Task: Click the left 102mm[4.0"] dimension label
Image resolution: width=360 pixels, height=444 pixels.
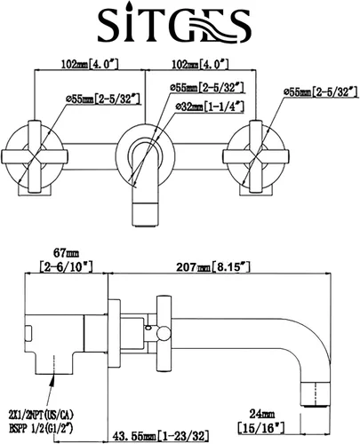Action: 90,64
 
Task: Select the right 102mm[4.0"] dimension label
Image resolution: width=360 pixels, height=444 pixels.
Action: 201,64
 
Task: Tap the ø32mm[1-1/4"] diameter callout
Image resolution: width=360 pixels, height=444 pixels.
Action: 210,107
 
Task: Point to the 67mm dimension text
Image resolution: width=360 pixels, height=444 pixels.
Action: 66,253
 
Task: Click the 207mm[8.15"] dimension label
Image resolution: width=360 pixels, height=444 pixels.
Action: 213,267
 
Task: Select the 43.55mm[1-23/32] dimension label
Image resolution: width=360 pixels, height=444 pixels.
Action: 160,436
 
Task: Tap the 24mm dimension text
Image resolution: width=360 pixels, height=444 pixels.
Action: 261,414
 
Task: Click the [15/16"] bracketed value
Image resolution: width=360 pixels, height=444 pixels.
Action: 261,427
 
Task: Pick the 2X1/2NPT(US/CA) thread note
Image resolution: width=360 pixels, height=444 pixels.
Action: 42,415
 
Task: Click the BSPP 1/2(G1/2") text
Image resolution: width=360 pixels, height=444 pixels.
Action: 41,428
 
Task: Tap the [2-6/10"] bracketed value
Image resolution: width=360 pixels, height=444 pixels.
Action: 67,266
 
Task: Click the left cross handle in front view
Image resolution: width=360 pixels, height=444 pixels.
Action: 35,156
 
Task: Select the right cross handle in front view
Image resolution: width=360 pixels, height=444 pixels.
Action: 256,156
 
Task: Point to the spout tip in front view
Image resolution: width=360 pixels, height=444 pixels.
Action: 144,215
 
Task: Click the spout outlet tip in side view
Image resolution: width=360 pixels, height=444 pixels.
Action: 316,394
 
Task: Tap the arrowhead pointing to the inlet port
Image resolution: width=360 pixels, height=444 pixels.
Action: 52,380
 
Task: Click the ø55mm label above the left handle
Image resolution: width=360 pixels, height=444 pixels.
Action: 102,99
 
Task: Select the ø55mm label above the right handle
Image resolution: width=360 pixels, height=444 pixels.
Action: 321,92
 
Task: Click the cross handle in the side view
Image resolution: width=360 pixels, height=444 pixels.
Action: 164,333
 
